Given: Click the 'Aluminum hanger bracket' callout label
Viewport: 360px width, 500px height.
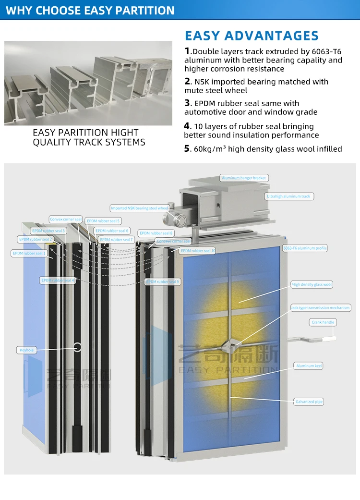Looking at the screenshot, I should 243,178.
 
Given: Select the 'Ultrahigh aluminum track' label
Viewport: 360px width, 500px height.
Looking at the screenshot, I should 288,196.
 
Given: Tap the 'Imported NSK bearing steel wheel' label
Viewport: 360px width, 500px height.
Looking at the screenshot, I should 139,208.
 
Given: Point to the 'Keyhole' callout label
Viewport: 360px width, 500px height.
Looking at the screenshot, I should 26,350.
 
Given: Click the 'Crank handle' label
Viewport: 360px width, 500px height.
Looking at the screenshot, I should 323,322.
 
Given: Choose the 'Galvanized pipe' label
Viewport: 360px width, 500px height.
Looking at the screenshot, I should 309,402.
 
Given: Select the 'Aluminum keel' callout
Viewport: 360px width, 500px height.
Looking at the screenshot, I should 309,366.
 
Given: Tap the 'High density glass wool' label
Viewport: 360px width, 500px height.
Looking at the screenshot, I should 312,285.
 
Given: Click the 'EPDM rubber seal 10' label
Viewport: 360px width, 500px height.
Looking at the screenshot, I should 198,251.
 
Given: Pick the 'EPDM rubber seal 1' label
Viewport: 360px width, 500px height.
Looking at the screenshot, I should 29,253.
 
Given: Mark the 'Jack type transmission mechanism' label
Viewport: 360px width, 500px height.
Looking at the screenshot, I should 320,307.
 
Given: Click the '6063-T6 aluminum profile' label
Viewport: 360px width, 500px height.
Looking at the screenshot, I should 305,248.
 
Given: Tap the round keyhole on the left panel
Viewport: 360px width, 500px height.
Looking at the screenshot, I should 77,346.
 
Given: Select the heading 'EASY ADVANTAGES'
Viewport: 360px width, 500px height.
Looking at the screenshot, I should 252,36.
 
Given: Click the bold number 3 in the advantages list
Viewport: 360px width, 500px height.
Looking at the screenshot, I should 187,103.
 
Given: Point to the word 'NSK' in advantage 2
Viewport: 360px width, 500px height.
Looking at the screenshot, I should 203,82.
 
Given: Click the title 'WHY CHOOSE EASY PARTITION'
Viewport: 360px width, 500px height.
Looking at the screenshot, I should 90,10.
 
